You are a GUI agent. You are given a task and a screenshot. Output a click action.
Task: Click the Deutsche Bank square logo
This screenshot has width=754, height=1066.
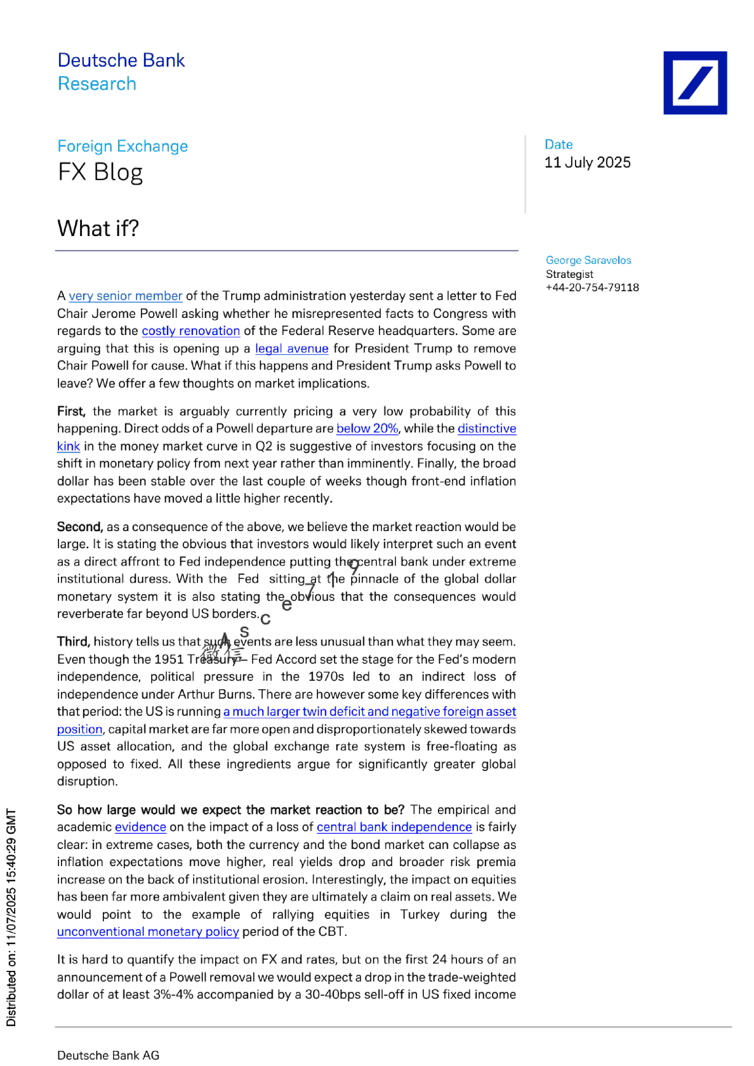(x=695, y=83)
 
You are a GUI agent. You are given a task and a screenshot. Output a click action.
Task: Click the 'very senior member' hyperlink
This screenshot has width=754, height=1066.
(x=125, y=296)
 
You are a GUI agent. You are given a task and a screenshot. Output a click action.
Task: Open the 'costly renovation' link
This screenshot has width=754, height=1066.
(x=190, y=331)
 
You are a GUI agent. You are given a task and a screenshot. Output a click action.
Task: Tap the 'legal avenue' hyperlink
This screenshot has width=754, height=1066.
(x=291, y=348)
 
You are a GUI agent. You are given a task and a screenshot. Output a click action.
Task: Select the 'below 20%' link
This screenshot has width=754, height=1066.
(x=367, y=428)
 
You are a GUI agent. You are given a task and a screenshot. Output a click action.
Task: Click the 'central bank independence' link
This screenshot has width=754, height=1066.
(x=394, y=827)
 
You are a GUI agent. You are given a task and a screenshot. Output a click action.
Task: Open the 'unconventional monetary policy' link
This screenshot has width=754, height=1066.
(x=148, y=931)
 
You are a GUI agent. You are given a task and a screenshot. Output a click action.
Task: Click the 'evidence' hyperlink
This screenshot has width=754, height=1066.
(x=140, y=827)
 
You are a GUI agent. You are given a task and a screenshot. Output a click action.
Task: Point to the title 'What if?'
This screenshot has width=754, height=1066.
(x=98, y=228)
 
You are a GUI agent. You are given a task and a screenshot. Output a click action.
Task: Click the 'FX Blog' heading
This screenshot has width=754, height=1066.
(x=100, y=173)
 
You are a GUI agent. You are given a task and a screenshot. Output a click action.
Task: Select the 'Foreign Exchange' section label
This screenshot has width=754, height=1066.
(x=122, y=146)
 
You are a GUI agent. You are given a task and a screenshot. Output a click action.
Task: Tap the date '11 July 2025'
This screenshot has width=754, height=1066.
(x=587, y=162)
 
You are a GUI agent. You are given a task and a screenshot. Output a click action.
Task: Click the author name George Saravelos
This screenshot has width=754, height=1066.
(x=588, y=260)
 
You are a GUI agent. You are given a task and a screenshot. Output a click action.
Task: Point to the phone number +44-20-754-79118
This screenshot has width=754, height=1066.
(x=592, y=287)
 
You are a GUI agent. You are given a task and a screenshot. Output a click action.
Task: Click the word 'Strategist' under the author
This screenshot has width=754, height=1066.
(x=569, y=274)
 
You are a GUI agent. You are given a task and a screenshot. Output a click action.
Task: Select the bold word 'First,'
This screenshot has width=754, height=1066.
(x=71, y=411)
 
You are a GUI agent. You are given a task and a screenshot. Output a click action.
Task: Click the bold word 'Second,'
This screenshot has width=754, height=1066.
(x=79, y=527)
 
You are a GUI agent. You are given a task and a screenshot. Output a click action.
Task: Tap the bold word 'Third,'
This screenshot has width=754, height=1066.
(x=74, y=642)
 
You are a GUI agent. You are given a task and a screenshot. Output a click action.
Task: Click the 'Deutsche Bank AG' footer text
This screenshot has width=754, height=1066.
(x=108, y=1055)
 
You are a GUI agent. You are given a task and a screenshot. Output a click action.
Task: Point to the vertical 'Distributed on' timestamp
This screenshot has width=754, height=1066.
(x=11, y=917)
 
